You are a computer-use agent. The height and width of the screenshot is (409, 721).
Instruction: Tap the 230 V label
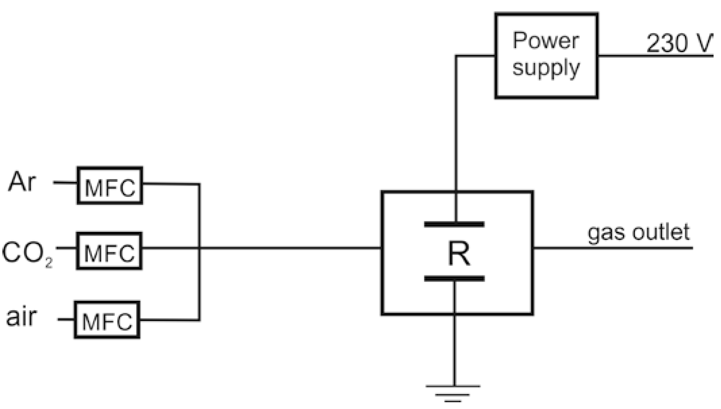[679, 43]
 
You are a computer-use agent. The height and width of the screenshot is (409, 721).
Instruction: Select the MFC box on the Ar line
[110, 186]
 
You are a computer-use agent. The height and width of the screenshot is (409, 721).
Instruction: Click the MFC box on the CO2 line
[109, 251]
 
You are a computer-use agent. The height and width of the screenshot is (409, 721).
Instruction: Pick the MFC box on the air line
[107, 320]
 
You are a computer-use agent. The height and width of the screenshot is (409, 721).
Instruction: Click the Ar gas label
[22, 182]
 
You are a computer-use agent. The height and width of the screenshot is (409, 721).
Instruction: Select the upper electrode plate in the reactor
[454, 224]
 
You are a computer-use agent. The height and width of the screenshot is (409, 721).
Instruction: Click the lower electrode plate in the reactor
[454, 279]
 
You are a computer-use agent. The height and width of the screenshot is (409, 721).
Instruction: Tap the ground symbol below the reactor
[453, 393]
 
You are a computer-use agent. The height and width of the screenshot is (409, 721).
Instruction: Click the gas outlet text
[638, 233]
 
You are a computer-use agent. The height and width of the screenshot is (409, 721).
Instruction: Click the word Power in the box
[546, 41]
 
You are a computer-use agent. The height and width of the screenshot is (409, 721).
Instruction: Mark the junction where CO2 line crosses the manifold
[199, 248]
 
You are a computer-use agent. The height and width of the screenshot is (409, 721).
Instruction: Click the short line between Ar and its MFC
[65, 183]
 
